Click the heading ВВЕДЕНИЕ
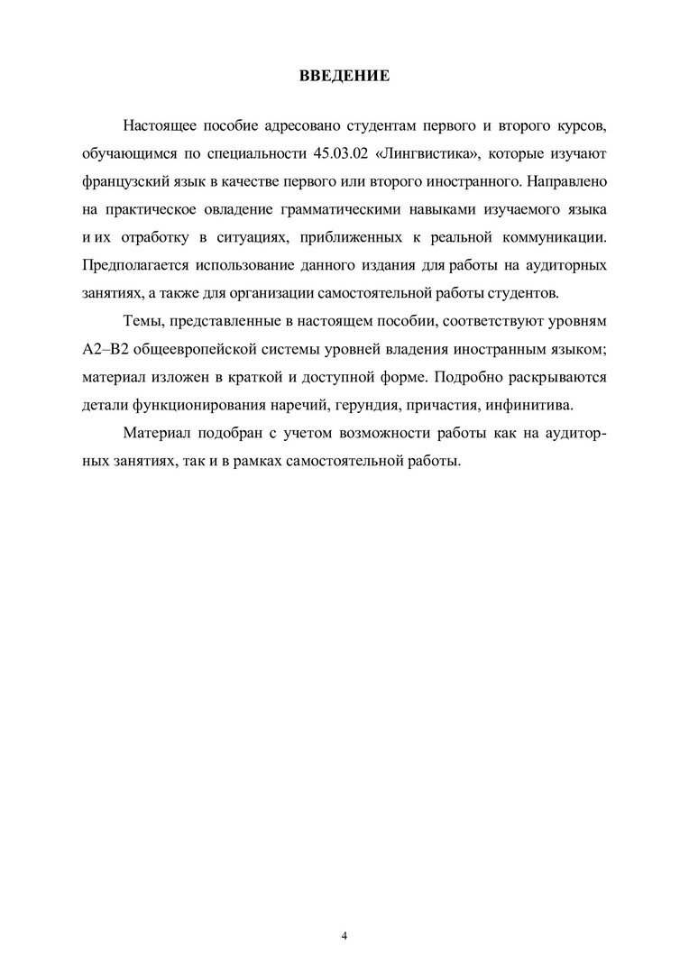(x=344, y=76)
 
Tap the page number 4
(x=344, y=935)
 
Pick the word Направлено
(x=565, y=181)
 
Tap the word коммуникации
(x=560, y=239)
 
